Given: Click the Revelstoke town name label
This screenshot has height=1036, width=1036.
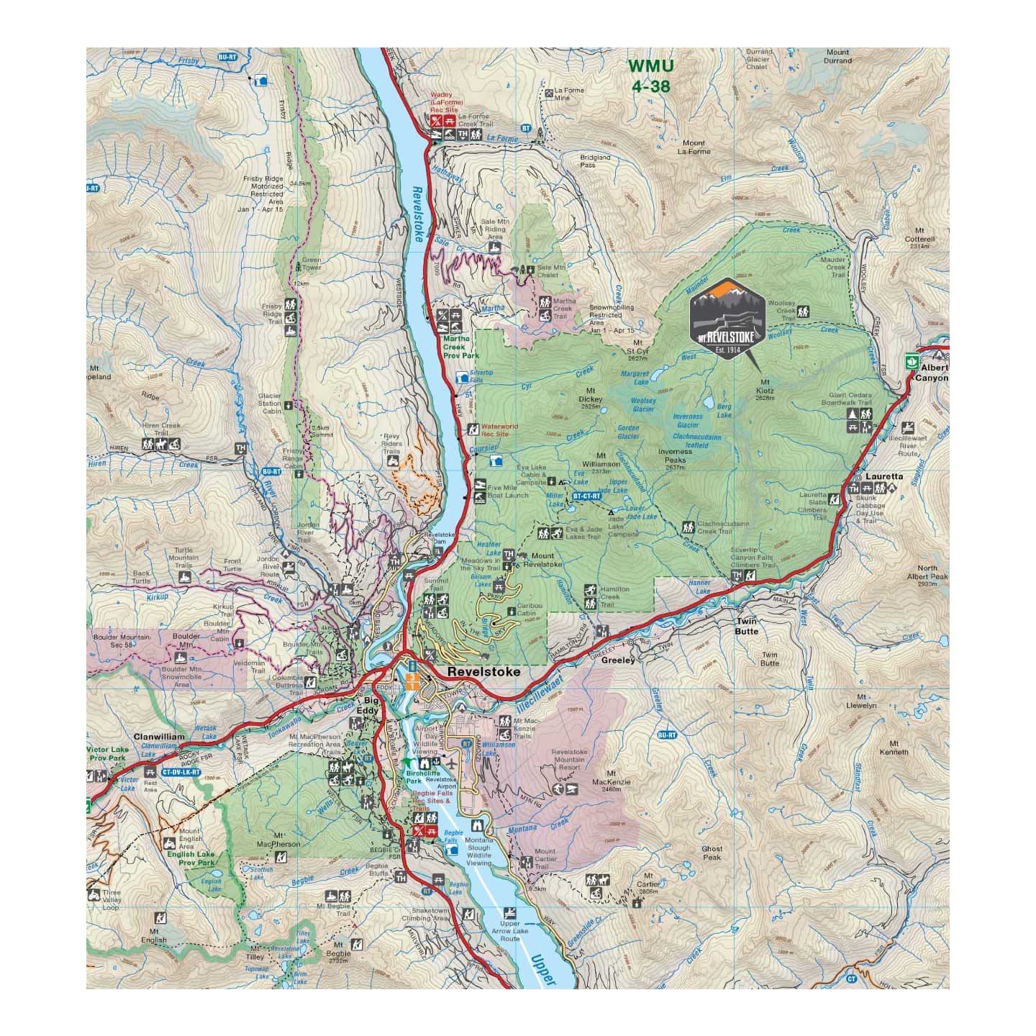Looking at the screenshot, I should click(483, 671).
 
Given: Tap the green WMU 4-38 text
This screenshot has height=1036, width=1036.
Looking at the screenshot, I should click(650, 76).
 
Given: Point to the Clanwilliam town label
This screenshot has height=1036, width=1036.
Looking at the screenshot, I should click(159, 737).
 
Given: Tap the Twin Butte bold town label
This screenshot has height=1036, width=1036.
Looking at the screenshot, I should click(746, 626).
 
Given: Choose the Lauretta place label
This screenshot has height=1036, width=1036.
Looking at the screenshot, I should click(884, 476).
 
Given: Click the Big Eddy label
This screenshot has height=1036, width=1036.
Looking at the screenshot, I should click(371, 705).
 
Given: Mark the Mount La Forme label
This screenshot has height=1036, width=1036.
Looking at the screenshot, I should click(694, 147).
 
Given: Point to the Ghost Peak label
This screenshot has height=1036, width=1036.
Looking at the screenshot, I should click(712, 853).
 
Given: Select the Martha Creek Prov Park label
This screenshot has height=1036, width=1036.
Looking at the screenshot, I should click(460, 347).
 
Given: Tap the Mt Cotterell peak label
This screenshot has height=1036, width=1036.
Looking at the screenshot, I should click(919, 242).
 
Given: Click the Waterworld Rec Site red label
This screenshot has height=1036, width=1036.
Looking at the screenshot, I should click(499, 430).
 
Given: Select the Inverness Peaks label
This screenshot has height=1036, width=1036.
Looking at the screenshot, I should click(675, 460).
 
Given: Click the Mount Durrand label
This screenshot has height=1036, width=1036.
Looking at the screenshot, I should click(837, 56).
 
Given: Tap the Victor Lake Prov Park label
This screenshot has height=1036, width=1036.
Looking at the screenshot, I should click(106, 753).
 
